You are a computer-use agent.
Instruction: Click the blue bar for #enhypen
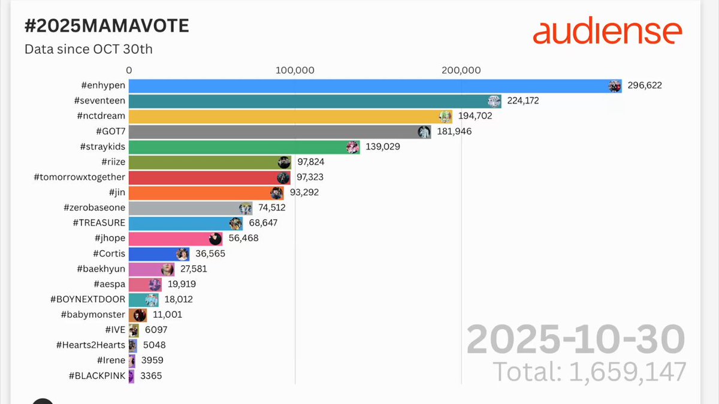point(375,86)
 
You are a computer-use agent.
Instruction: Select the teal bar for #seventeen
point(315,101)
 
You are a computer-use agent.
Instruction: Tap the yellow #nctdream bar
point(291,117)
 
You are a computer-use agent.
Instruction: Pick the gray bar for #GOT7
point(280,132)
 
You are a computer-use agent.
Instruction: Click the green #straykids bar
point(244,147)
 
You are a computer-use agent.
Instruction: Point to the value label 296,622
point(645,86)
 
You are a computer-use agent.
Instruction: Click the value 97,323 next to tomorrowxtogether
point(310,177)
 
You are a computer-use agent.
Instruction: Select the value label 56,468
point(243,238)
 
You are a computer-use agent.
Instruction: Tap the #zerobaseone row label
point(95,208)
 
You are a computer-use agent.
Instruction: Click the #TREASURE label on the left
point(99,223)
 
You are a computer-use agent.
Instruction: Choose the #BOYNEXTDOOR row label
point(87,299)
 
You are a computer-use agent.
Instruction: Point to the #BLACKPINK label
point(97,375)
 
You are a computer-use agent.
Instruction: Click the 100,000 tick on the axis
point(295,70)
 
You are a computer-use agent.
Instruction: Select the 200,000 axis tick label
point(461,70)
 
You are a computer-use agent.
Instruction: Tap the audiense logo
point(608,31)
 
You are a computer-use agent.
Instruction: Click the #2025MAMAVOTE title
point(107,26)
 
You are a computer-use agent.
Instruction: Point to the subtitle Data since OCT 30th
point(89,49)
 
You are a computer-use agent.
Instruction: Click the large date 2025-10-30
point(576,339)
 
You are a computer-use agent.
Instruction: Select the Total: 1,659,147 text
point(590,372)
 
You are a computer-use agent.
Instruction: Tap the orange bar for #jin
point(206,193)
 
